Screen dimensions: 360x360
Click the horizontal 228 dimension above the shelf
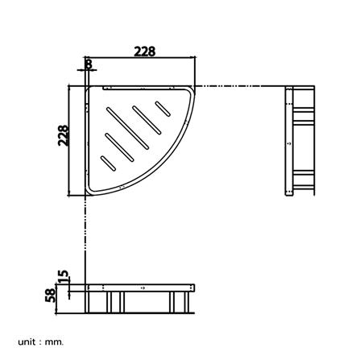pos(145,52)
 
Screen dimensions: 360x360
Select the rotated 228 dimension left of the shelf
pos(64,135)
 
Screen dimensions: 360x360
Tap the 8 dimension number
pos(89,64)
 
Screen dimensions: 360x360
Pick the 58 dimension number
pos(51,295)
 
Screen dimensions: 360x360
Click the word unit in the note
pos(27,341)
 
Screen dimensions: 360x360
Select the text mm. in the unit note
pos(55,342)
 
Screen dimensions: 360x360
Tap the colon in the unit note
pos(40,342)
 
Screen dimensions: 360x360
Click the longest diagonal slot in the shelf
pos(127,128)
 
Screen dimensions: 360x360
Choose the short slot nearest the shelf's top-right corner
pos(163,109)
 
